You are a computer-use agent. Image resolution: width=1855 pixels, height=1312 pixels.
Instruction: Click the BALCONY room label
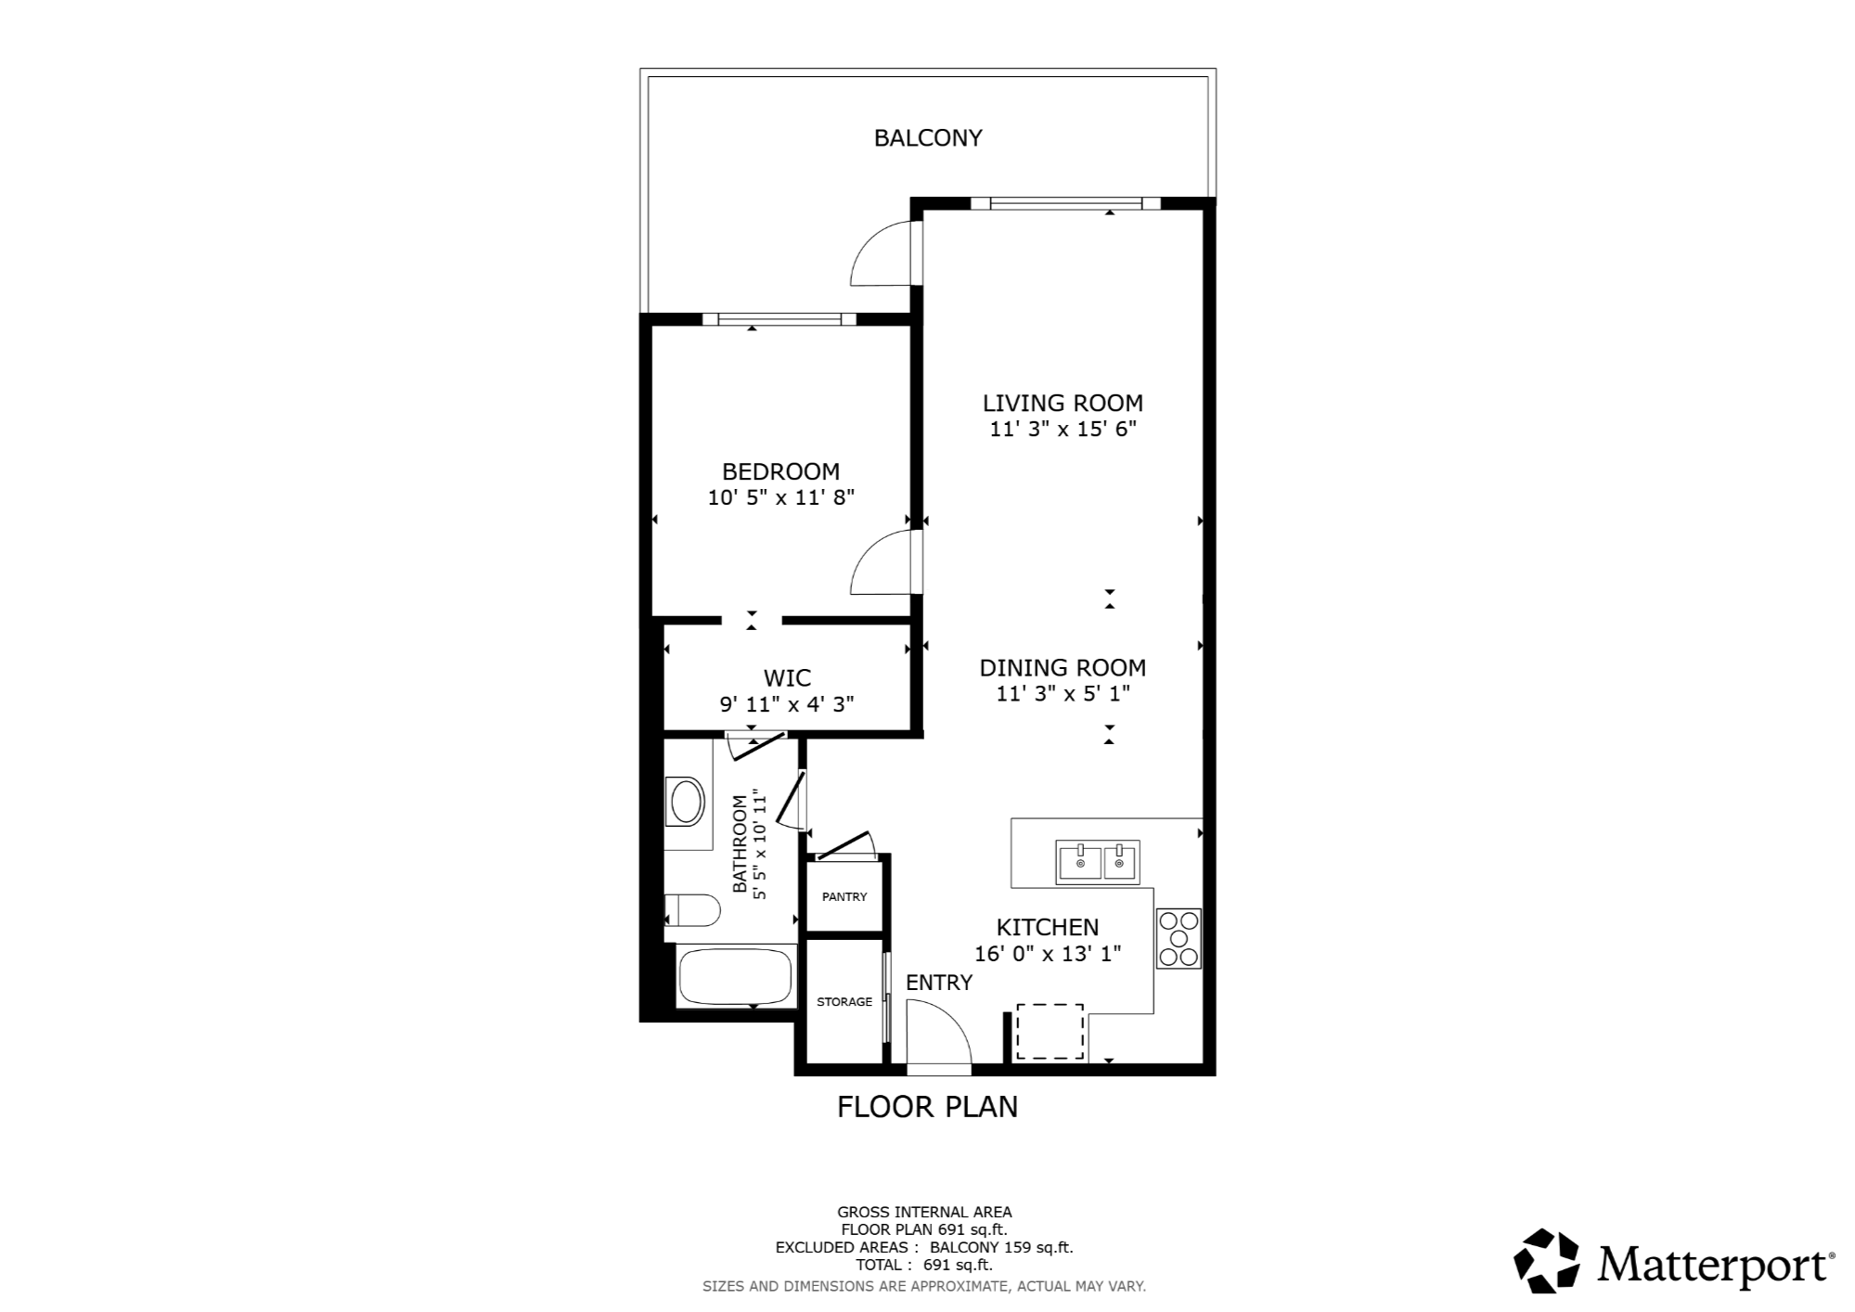928,138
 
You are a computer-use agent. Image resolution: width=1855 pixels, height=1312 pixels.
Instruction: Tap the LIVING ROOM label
1063,403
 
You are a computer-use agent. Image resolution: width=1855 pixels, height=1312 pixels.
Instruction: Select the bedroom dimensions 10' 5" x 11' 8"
781,497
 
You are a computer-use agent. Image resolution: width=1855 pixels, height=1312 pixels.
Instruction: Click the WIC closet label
787,678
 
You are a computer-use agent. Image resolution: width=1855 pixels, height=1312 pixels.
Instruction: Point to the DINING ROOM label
1063,667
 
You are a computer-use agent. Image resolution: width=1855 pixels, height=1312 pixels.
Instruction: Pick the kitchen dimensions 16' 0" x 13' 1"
1048,953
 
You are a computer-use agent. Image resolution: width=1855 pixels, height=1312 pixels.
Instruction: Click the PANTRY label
844,897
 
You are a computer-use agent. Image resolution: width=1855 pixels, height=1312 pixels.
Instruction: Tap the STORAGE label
844,1002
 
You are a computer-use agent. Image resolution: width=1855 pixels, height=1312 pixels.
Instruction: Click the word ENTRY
939,983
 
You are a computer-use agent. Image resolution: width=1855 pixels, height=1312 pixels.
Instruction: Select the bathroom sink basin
687,803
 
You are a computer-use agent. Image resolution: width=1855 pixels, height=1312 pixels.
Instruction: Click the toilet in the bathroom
692,910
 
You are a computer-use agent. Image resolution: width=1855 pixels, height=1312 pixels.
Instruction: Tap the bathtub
736,977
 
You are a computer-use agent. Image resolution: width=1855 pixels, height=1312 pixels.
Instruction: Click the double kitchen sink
1098,863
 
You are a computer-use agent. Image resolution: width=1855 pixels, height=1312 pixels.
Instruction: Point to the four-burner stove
1179,938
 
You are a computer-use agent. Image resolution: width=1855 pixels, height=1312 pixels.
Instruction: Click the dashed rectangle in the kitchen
1050,1032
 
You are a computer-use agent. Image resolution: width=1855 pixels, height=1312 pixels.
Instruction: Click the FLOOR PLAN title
928,1107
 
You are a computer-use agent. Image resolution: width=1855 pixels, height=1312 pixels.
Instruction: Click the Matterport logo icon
1547,1261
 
